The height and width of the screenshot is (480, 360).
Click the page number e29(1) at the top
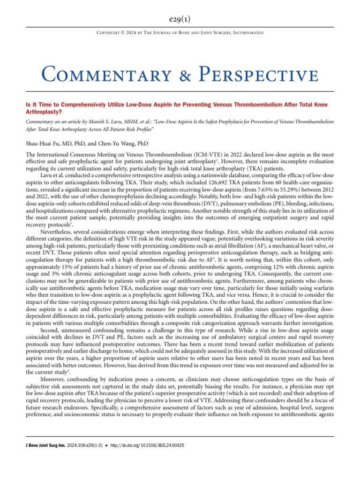click(180, 19)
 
